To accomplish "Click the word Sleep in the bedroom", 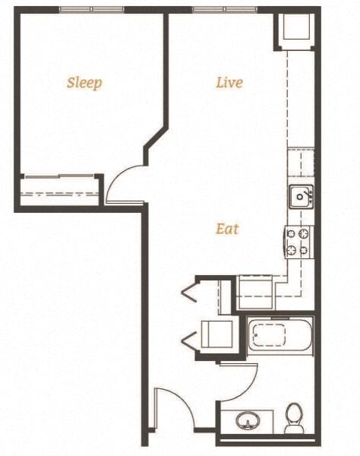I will tap(84, 83).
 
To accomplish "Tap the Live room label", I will tap(229, 82).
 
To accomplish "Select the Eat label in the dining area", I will tap(226, 228).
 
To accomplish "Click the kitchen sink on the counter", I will tap(301, 197).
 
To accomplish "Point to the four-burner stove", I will tap(299, 242).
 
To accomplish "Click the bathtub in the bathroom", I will tap(279, 335).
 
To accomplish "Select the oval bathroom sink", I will tap(248, 420).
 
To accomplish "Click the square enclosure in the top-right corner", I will tap(296, 30).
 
